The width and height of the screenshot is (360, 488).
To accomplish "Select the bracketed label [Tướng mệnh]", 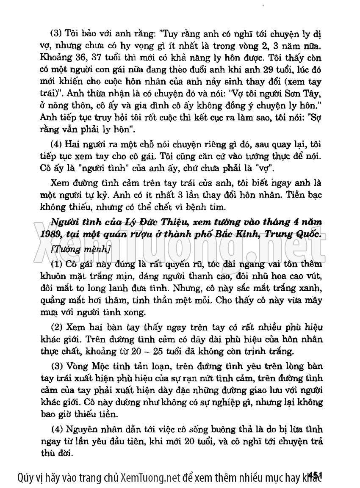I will click(x=80, y=250).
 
